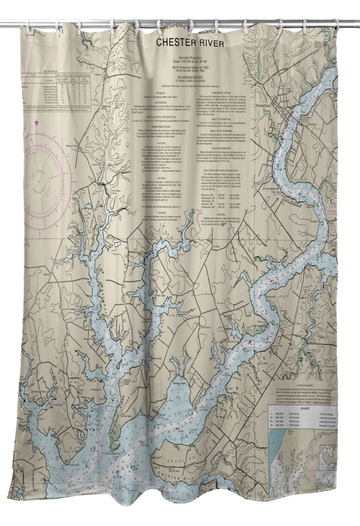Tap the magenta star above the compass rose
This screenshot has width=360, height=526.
36,123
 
